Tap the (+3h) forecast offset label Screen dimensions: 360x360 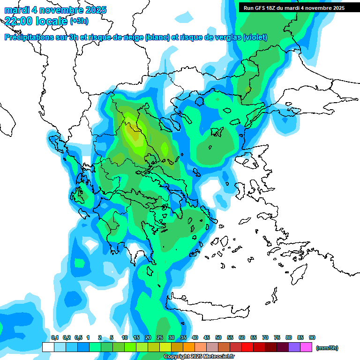79,21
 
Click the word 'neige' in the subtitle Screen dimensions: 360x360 133,37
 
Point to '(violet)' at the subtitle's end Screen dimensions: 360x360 255,37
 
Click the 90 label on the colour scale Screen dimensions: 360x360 312,337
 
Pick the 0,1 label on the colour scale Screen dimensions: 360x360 54,337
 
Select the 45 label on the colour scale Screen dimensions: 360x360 207,337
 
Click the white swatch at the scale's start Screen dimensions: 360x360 48,347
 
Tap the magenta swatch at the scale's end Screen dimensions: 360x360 306,347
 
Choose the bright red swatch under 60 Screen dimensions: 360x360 247,347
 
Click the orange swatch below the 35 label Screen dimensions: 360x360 189,347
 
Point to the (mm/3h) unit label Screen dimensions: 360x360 327,348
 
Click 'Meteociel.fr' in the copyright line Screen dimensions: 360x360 218,357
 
